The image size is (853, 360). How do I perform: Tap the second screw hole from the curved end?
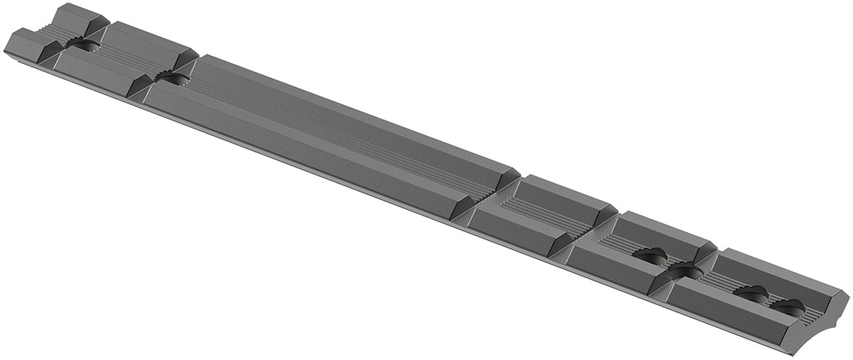click(x=750, y=294)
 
